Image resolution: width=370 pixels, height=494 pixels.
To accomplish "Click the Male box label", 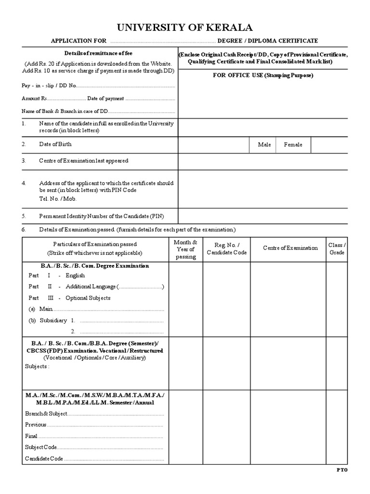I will pyautogui.click(x=264, y=145).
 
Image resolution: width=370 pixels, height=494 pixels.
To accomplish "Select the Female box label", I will pyautogui.click(x=293, y=145).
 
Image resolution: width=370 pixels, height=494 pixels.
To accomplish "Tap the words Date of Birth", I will pyautogui.click(x=55, y=144).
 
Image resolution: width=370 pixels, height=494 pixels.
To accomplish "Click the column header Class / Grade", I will pyautogui.click(x=337, y=249).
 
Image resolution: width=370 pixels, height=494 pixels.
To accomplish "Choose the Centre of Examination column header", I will pyautogui.click(x=290, y=248).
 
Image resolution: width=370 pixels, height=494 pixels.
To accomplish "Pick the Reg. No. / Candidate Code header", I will pyautogui.click(x=226, y=249).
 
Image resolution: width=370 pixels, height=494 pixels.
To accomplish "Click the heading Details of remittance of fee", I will pyautogui.click(x=98, y=53).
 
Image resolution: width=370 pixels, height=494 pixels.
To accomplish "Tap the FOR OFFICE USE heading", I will pyautogui.click(x=263, y=76).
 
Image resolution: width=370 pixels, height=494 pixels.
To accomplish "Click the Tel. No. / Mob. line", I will pyautogui.click(x=57, y=199).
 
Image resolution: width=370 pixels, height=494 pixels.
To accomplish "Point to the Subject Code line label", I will pyautogui.click(x=41, y=447).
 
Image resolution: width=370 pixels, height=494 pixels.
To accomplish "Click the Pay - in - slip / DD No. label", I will pyautogui.click(x=49, y=86).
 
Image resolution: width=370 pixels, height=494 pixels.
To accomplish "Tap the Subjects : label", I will pyautogui.click(x=37, y=366).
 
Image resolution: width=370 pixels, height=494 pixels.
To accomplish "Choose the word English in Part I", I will pyautogui.click(x=75, y=275).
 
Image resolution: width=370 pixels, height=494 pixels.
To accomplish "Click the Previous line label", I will pyautogui.click(x=36, y=425).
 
